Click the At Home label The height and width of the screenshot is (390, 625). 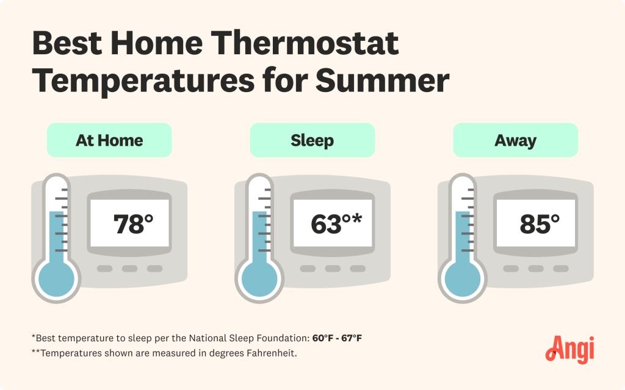click(x=109, y=140)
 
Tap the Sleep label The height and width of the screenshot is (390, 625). click(x=312, y=140)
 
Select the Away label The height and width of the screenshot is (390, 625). click(x=515, y=140)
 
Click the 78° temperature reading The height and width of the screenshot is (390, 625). click(x=133, y=224)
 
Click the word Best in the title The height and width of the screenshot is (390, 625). click(x=67, y=44)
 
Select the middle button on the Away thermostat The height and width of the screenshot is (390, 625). click(x=535, y=269)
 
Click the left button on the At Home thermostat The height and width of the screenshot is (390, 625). click(x=104, y=269)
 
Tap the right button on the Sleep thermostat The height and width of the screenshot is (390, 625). click(x=358, y=269)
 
